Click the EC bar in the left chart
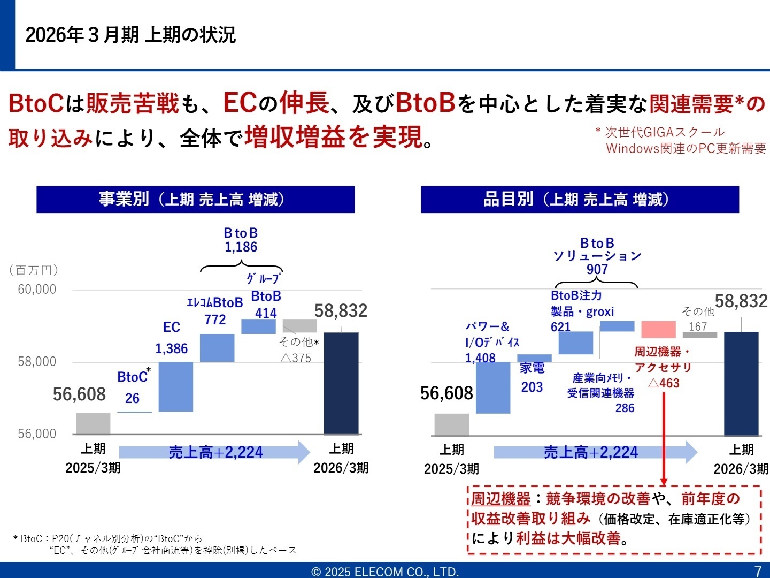click(x=176, y=386)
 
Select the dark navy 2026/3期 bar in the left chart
click(x=341, y=383)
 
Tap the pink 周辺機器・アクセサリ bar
click(x=658, y=329)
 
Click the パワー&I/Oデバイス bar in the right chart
click(x=493, y=387)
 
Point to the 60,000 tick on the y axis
click(x=37, y=290)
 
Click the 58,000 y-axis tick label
click(x=37, y=362)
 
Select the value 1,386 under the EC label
click(x=172, y=349)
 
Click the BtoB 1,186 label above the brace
click(x=241, y=240)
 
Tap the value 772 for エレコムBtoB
click(x=215, y=320)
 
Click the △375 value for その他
click(x=296, y=358)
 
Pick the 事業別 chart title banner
click(x=195, y=200)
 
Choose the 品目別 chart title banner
click(x=580, y=200)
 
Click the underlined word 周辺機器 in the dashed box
click(x=500, y=499)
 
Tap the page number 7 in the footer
click(x=757, y=571)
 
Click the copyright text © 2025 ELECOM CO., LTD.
click(x=385, y=572)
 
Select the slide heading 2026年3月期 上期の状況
click(x=130, y=35)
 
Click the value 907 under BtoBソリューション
click(x=597, y=269)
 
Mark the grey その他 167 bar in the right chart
click(x=700, y=335)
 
